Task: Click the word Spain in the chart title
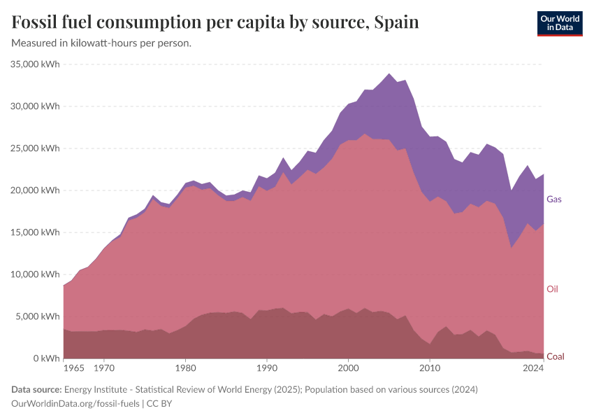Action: (x=396, y=22)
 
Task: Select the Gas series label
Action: (x=554, y=199)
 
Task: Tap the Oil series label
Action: (x=552, y=289)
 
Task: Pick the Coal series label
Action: (x=555, y=356)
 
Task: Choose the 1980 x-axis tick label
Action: (x=185, y=367)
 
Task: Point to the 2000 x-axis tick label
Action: (x=348, y=367)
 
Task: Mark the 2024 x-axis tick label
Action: (x=533, y=367)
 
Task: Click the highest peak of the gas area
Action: (x=389, y=73)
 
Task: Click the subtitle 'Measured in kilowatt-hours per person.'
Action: (x=102, y=43)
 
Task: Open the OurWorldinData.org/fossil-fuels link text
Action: (x=76, y=403)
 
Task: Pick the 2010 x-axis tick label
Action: (x=429, y=367)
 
